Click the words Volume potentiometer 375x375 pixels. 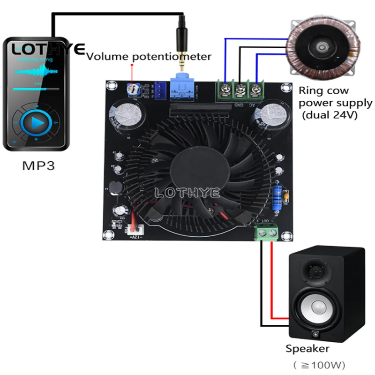click(149, 57)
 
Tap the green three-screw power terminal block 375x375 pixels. click(240, 90)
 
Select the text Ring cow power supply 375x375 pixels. click(336, 97)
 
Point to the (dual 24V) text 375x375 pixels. click(330, 115)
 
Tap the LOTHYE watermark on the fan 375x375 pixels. click(187, 193)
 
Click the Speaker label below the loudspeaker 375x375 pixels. click(307, 349)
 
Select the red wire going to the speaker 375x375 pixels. click(272, 281)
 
